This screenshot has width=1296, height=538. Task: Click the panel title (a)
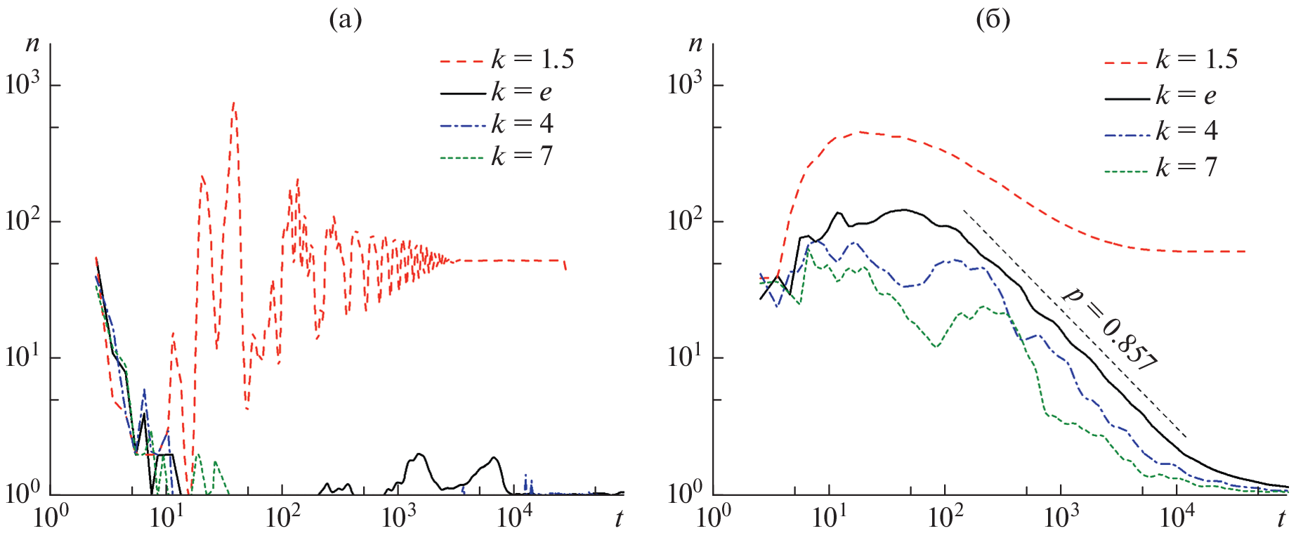click(346, 20)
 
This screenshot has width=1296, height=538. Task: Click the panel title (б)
click(993, 20)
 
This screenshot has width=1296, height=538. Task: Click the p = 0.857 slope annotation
click(1109, 329)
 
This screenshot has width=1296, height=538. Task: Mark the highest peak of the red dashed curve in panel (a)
click(234, 103)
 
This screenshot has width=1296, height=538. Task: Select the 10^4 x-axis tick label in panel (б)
click(1177, 518)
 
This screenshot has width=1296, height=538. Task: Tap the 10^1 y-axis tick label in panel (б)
click(686, 357)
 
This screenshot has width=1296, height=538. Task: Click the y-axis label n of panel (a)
click(32, 44)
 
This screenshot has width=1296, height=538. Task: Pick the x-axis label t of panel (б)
click(1281, 519)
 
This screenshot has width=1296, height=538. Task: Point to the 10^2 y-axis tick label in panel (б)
click(686, 221)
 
